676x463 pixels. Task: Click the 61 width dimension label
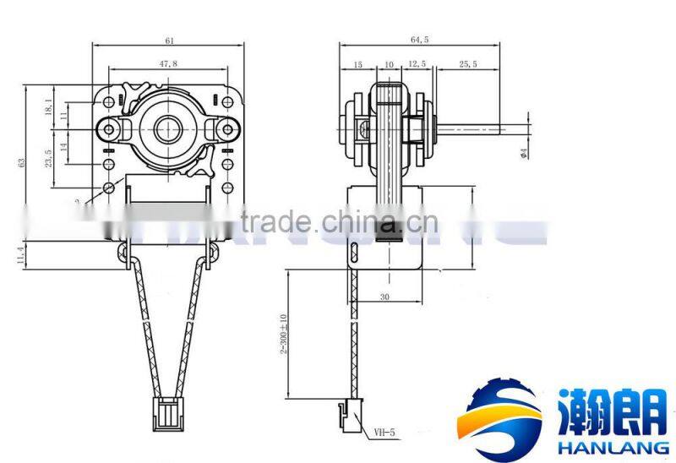170,40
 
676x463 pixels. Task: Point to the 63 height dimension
22,162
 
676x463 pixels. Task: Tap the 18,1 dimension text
48,106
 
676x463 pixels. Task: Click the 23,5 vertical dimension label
48,158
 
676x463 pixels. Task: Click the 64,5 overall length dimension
420,40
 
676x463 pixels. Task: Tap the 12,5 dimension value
417,64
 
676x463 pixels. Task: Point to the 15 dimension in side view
357,64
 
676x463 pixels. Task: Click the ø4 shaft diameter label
524,153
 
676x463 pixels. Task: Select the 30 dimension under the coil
385,297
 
